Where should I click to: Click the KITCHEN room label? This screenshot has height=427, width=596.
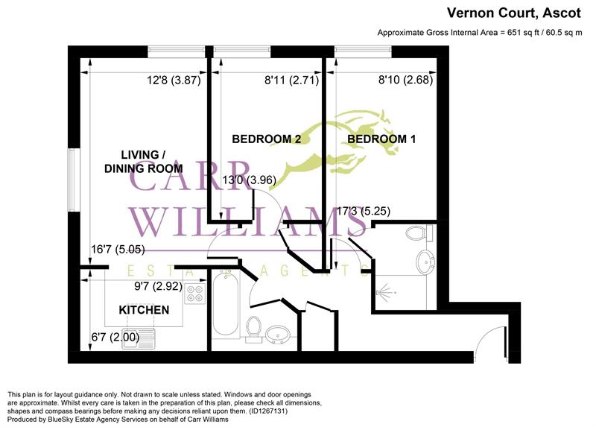[144, 309]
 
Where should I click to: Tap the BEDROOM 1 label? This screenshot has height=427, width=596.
[381, 139]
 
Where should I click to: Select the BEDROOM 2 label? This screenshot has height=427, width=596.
[266, 139]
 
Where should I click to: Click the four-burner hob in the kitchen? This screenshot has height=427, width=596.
[195, 295]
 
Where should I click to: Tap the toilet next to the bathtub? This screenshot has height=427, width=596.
[253, 328]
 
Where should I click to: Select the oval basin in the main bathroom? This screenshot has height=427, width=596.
[280, 333]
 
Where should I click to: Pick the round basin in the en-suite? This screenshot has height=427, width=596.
[425, 261]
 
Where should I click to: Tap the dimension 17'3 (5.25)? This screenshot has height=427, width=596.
[364, 212]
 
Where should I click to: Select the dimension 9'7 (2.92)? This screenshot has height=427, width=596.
[158, 285]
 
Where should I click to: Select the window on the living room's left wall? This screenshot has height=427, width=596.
[72, 179]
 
